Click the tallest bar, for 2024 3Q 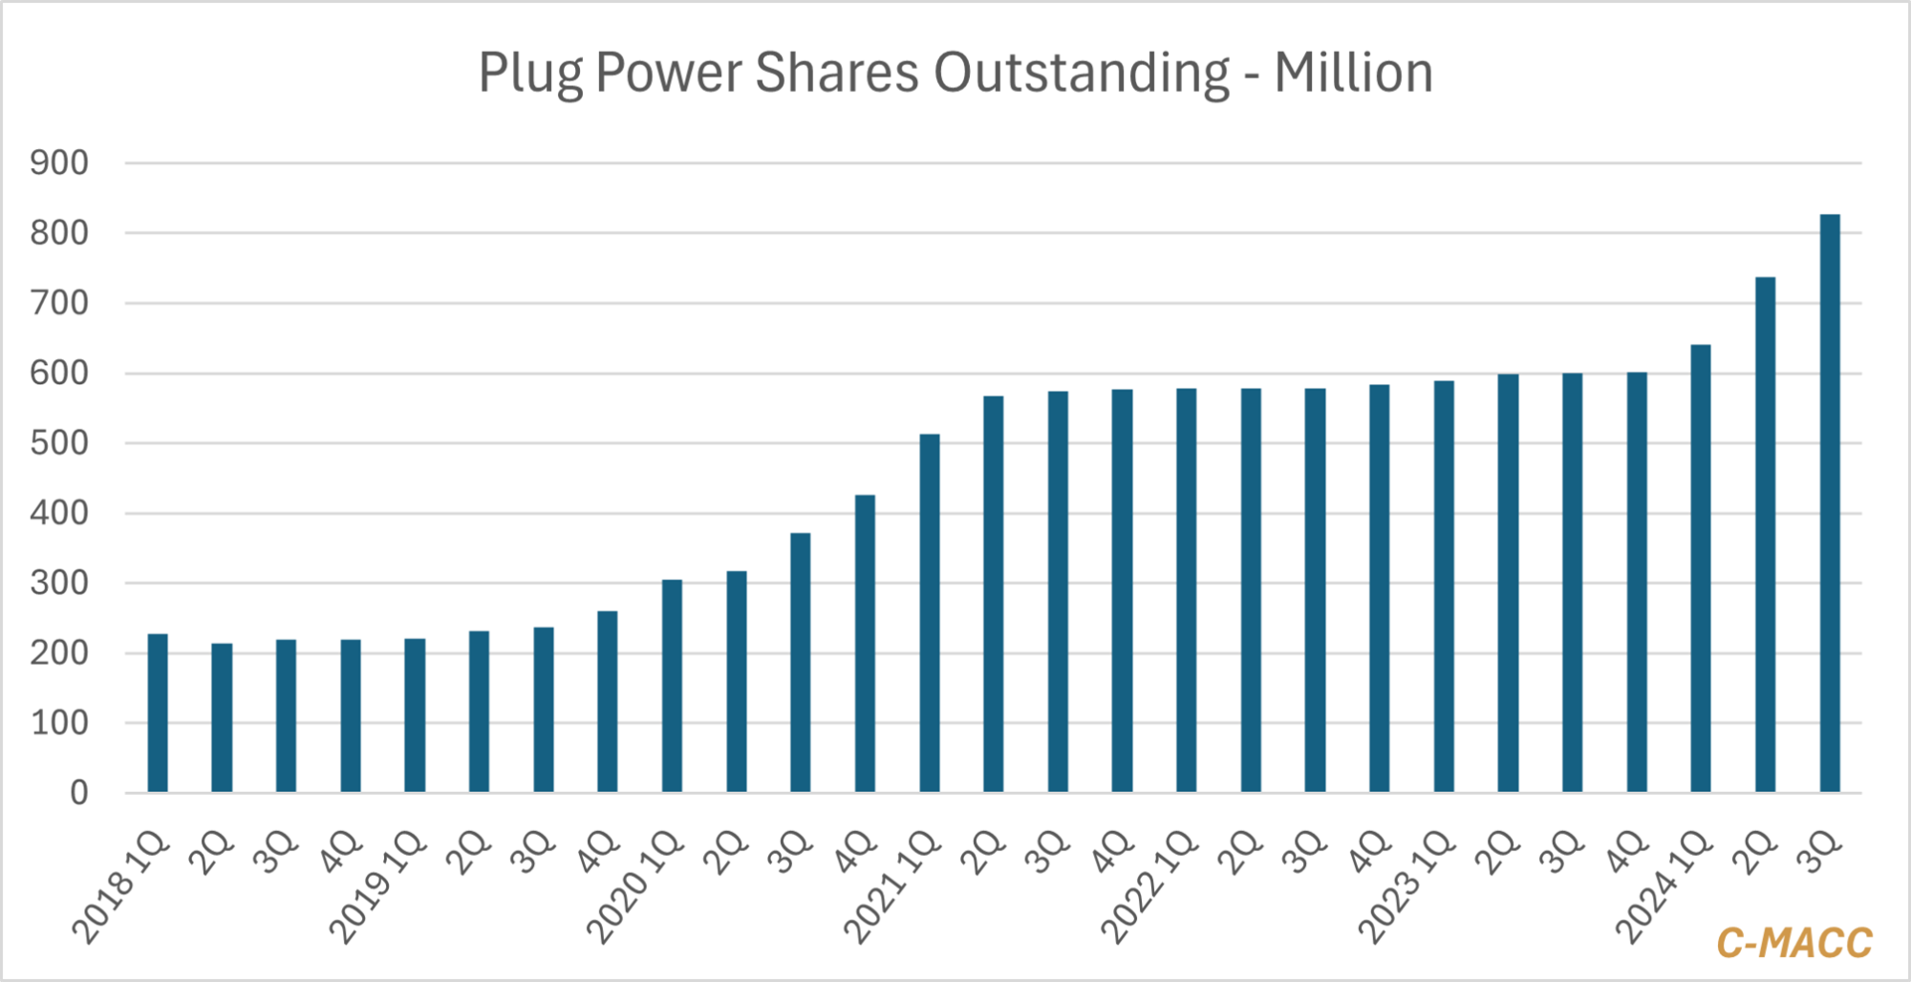pyautogui.click(x=1829, y=503)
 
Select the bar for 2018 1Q pyautogui.click(x=158, y=713)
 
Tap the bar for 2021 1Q pyautogui.click(x=929, y=612)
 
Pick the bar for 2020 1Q pyautogui.click(x=672, y=685)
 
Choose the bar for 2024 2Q pyautogui.click(x=1765, y=535)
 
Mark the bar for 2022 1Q pyautogui.click(x=1186, y=589)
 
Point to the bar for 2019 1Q pyautogui.click(x=415, y=715)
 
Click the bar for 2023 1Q pyautogui.click(x=1444, y=586)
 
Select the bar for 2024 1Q pyautogui.click(x=1701, y=568)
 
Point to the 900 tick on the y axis pyautogui.click(x=59, y=163)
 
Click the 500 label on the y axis pyautogui.click(x=59, y=443)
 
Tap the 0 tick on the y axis pyautogui.click(x=78, y=793)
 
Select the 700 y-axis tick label pyautogui.click(x=59, y=304)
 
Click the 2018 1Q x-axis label pyautogui.click(x=121, y=888)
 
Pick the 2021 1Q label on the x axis pyautogui.click(x=892, y=888)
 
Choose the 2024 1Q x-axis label pyautogui.click(x=1664, y=888)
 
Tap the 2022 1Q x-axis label pyautogui.click(x=1149, y=888)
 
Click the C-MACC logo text pyautogui.click(x=1793, y=943)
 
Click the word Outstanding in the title pyautogui.click(x=1081, y=74)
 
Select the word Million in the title pyautogui.click(x=1353, y=73)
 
